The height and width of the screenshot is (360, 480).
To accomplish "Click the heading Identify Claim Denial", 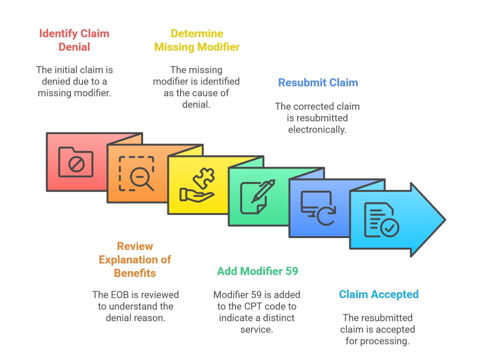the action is pos(74,40).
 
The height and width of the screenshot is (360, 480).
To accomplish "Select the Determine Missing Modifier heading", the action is pos(197,40).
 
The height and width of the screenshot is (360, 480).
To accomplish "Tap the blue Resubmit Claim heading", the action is pos(318,83).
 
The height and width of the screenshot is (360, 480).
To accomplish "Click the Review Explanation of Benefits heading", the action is pos(135,260).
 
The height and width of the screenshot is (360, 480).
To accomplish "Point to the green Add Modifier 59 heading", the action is pos(257,271).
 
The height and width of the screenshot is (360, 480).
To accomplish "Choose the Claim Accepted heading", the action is pos(379,295).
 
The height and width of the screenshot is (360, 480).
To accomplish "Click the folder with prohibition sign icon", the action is pos(76,162).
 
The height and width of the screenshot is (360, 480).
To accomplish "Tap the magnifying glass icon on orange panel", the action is pos(136,174).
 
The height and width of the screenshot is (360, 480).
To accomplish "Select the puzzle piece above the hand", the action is pos(204,179).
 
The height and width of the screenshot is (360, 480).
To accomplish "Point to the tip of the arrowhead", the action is pos(445,219).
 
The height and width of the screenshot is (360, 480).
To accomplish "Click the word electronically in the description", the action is pos(317,130).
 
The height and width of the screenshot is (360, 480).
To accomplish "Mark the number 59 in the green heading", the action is pos(291,271).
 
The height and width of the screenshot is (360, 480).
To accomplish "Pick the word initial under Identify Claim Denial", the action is pos(69,70).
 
